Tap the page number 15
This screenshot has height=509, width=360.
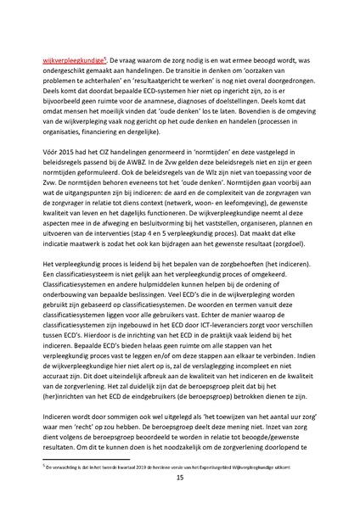click(179, 479)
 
